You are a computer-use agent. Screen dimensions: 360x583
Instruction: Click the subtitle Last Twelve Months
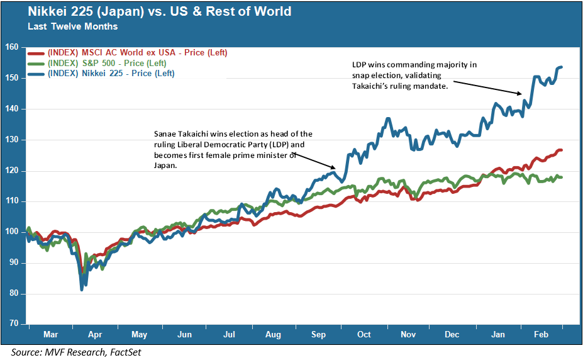(x=72, y=26)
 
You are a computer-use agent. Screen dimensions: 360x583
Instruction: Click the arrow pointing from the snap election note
(x=487, y=87)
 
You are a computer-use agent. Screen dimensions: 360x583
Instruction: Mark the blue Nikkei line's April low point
(x=82, y=290)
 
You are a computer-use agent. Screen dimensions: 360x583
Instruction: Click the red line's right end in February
(x=561, y=150)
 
